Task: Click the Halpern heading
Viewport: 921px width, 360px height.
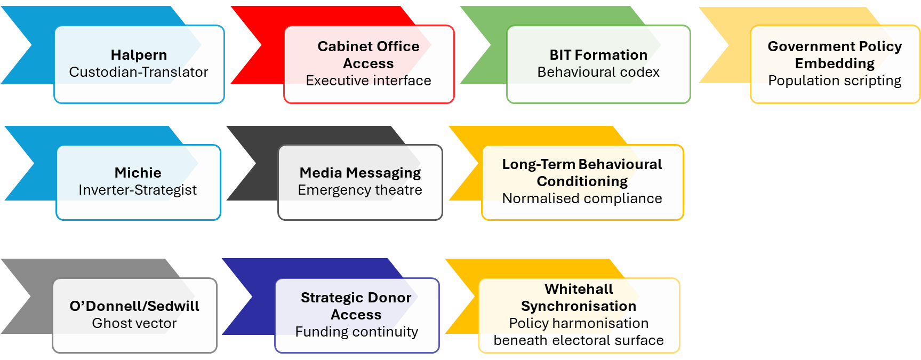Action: [139, 55]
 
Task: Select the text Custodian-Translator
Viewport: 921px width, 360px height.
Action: [139, 72]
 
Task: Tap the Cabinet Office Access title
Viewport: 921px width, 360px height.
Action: [369, 55]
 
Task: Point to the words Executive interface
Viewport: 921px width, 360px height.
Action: [369, 81]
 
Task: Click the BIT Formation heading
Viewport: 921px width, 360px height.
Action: [598, 55]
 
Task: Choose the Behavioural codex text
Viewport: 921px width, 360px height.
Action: [598, 72]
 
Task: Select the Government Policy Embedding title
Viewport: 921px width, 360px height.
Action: [835, 55]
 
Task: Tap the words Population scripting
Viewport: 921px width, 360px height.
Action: [835, 81]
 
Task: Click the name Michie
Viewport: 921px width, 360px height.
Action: [138, 173]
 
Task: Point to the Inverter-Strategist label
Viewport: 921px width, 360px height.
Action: [138, 190]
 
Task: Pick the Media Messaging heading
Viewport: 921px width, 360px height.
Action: [360, 173]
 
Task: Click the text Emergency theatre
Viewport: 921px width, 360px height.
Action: [360, 190]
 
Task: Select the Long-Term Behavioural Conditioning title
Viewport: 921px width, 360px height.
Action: [582, 173]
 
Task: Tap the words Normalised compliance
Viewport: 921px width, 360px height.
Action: [582, 198]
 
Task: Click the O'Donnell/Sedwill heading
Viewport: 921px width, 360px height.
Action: [134, 306]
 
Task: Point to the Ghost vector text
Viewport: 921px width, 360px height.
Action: [134, 323]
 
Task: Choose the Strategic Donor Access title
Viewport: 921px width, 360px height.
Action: [356, 306]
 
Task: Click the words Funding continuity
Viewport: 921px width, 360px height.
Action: [356, 332]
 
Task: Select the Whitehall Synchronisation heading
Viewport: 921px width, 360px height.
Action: [579, 298]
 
